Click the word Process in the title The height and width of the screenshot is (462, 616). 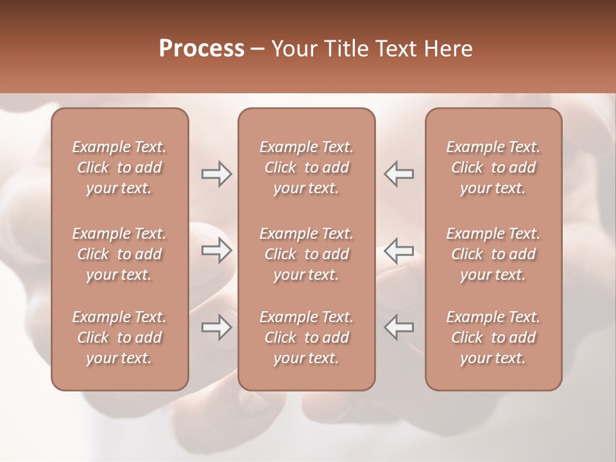201,48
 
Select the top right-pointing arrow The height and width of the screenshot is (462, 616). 217,174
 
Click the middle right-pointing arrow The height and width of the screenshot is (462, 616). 217,250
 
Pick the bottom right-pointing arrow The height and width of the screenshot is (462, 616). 217,327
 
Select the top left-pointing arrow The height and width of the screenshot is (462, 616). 398,174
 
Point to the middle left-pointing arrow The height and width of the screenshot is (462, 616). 398,250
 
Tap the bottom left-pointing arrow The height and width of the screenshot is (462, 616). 398,327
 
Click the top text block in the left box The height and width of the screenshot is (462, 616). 119,167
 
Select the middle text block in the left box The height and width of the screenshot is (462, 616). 119,254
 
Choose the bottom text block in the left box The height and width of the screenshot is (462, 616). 119,338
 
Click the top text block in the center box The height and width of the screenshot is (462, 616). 306,167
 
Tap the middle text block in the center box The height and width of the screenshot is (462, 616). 306,254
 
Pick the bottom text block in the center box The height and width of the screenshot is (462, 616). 306,338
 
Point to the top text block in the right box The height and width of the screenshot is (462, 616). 493,167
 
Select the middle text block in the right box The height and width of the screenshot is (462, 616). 493,254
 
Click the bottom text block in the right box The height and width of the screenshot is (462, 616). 493,338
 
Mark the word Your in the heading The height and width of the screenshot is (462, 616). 293,48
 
